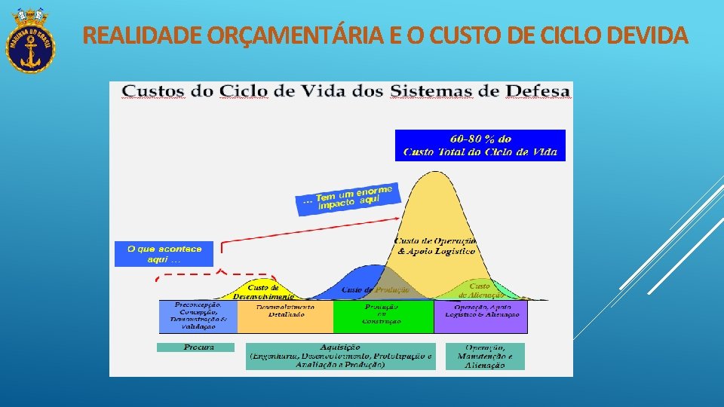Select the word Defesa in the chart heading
point(538,92)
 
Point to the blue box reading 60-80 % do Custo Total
point(480,145)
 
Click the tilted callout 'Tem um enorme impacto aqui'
point(347,198)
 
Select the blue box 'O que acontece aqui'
point(164,254)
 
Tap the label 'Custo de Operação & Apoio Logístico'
point(436,246)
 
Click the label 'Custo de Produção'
point(375,290)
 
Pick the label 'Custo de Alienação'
point(480,291)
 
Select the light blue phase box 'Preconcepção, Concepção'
point(198,317)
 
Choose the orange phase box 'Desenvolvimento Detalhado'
point(285,317)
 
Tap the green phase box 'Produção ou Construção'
point(383,317)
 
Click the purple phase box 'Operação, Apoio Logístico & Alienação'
point(480,317)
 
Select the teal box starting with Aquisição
point(339,356)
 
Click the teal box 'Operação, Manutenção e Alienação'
point(485,356)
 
